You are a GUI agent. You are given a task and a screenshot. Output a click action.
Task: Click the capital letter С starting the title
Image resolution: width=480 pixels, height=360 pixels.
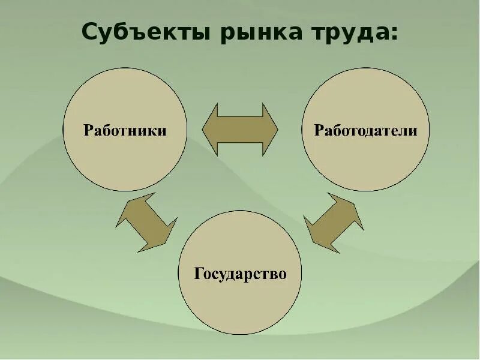coord(89,32)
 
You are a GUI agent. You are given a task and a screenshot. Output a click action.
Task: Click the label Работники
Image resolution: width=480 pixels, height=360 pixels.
coord(125,131)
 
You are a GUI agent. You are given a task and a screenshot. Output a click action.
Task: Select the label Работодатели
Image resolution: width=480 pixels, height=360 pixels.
coord(365,131)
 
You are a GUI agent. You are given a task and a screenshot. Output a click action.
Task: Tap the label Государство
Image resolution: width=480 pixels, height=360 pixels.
coord(240,274)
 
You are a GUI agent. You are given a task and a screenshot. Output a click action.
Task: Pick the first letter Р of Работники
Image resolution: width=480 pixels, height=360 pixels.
coord(88,131)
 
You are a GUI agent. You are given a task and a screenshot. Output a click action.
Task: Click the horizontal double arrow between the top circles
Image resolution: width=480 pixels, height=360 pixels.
coord(240,129)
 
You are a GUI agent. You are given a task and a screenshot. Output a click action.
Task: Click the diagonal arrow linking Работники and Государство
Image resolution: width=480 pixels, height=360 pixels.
coord(146,221)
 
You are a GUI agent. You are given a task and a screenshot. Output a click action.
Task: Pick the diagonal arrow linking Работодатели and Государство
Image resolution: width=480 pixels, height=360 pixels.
coord(334,223)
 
